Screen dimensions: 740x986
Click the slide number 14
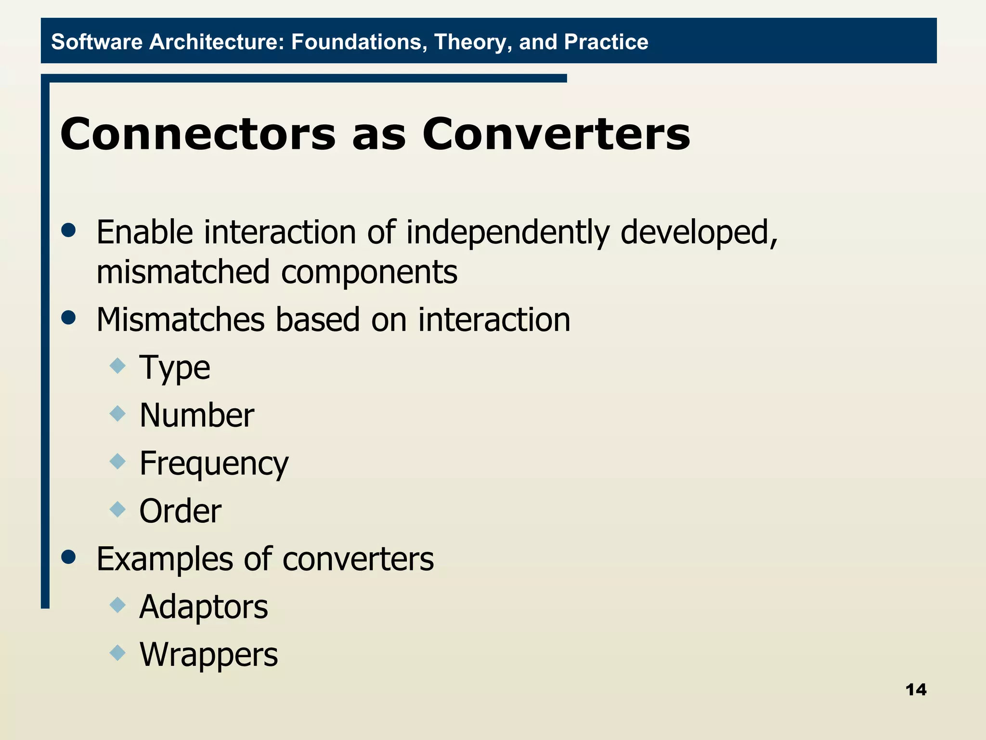(916, 690)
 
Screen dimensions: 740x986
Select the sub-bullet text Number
(196, 415)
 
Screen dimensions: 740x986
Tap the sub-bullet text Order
(180, 511)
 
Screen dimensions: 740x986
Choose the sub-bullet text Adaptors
(203, 607)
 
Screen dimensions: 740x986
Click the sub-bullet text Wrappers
(208, 655)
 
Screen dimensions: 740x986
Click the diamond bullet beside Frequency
(117, 462)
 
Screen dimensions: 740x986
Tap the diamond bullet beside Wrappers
(117, 653)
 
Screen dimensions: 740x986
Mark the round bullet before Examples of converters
(69, 557)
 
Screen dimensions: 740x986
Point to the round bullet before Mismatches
(69, 317)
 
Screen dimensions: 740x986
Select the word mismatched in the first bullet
(183, 272)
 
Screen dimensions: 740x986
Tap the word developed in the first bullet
(698, 233)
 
